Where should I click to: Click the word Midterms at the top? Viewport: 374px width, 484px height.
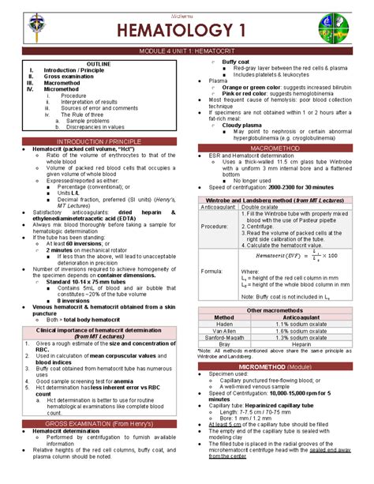click(187, 6)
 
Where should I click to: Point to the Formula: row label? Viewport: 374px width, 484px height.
click(215, 271)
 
